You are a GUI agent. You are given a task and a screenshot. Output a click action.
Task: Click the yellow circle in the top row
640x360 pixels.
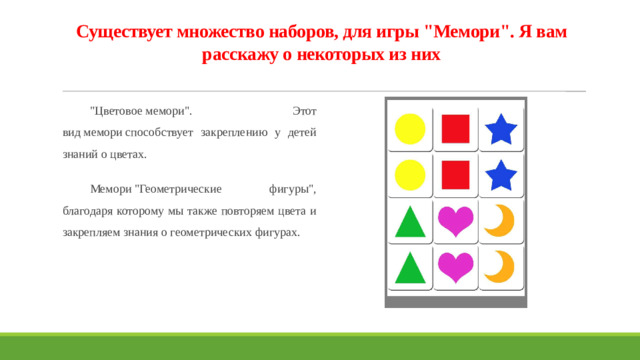click(410, 129)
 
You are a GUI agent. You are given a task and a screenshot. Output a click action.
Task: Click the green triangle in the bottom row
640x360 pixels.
click(410, 267)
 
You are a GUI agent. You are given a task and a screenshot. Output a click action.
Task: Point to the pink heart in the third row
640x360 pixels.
click(456, 221)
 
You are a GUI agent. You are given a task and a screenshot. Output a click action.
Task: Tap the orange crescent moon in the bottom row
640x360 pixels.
click(499, 266)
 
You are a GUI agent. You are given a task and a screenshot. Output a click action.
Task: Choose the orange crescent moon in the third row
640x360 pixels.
click(499, 220)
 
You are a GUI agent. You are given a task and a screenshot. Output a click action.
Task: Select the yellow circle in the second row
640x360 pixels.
click(410, 175)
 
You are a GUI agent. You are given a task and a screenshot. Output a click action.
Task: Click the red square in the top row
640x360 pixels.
click(456, 129)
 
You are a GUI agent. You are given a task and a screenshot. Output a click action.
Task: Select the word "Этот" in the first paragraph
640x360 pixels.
click(303, 109)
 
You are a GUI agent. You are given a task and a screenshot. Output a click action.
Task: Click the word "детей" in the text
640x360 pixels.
click(301, 132)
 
